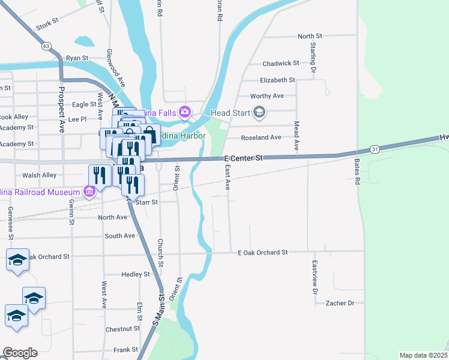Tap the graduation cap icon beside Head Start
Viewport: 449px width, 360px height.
(x=259, y=112)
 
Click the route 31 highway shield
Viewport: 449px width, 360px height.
(x=375, y=149)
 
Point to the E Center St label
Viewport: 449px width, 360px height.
(x=243, y=158)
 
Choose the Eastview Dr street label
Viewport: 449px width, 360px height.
(x=314, y=277)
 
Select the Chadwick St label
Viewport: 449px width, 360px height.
(x=280, y=64)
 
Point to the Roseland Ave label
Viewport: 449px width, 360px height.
(x=261, y=137)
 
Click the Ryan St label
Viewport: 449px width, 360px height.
(x=77, y=58)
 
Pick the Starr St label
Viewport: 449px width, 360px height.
(x=146, y=202)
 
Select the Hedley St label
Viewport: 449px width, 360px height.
(x=135, y=274)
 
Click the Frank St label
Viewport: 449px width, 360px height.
(x=126, y=349)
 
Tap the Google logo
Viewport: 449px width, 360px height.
(x=20, y=353)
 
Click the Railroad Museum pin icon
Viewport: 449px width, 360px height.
(x=89, y=191)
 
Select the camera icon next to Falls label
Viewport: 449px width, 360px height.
(x=185, y=112)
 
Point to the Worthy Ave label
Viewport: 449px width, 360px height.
(x=267, y=96)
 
